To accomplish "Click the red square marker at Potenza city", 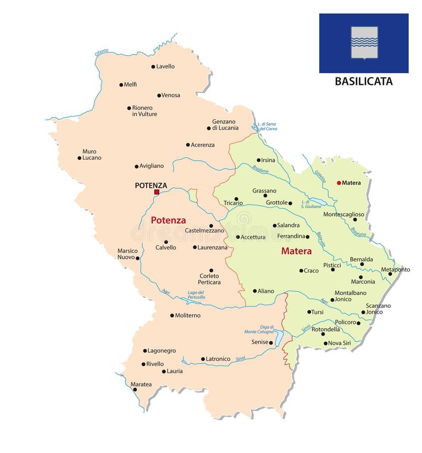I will point(156,192).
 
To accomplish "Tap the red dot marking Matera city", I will point(339,183).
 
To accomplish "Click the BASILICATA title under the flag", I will point(363,82).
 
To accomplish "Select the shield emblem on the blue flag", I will point(364,43).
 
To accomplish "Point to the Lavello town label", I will point(165,66).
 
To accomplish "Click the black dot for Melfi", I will point(121,84).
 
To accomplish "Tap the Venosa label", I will point(170,95).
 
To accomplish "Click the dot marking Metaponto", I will point(390,274).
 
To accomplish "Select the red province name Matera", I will point(296,251).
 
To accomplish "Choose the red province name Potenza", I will point(168,220).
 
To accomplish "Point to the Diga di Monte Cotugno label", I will point(259,330).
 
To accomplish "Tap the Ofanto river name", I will point(102,52).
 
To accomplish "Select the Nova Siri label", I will point(339,343).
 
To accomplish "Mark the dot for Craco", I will point(301,271).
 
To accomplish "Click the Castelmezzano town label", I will point(204,230).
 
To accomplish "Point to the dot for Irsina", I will point(258,160).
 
